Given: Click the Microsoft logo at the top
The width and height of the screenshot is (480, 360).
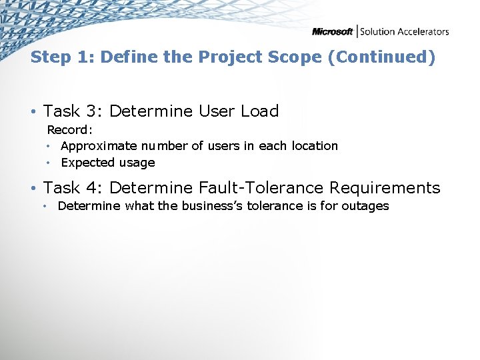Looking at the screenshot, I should [x=333, y=31].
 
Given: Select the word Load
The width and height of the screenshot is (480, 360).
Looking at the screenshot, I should [x=259, y=111].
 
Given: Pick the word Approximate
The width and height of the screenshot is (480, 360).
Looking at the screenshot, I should [x=99, y=146].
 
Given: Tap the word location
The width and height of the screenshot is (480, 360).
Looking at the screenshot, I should [x=314, y=146].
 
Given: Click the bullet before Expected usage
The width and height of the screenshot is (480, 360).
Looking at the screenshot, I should [x=49, y=163].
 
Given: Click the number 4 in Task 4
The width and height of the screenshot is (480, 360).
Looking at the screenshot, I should [x=97, y=188].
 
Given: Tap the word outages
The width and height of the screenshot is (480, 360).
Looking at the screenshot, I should [x=365, y=206].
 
